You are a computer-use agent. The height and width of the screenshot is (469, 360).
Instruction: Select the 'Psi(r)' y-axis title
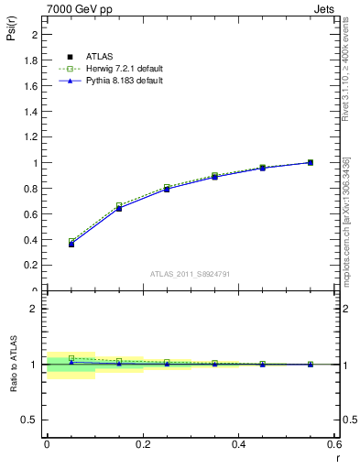[13, 33]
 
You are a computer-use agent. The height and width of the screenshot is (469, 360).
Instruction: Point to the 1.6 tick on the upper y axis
[33, 86]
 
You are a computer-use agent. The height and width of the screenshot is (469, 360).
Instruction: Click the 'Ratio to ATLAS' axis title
[13, 365]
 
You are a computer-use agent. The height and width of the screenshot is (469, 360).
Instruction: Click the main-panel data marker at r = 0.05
[71, 244]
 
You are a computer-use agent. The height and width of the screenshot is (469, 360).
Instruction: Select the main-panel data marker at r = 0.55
[310, 162]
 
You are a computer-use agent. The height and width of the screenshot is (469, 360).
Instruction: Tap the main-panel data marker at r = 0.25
[167, 189]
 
